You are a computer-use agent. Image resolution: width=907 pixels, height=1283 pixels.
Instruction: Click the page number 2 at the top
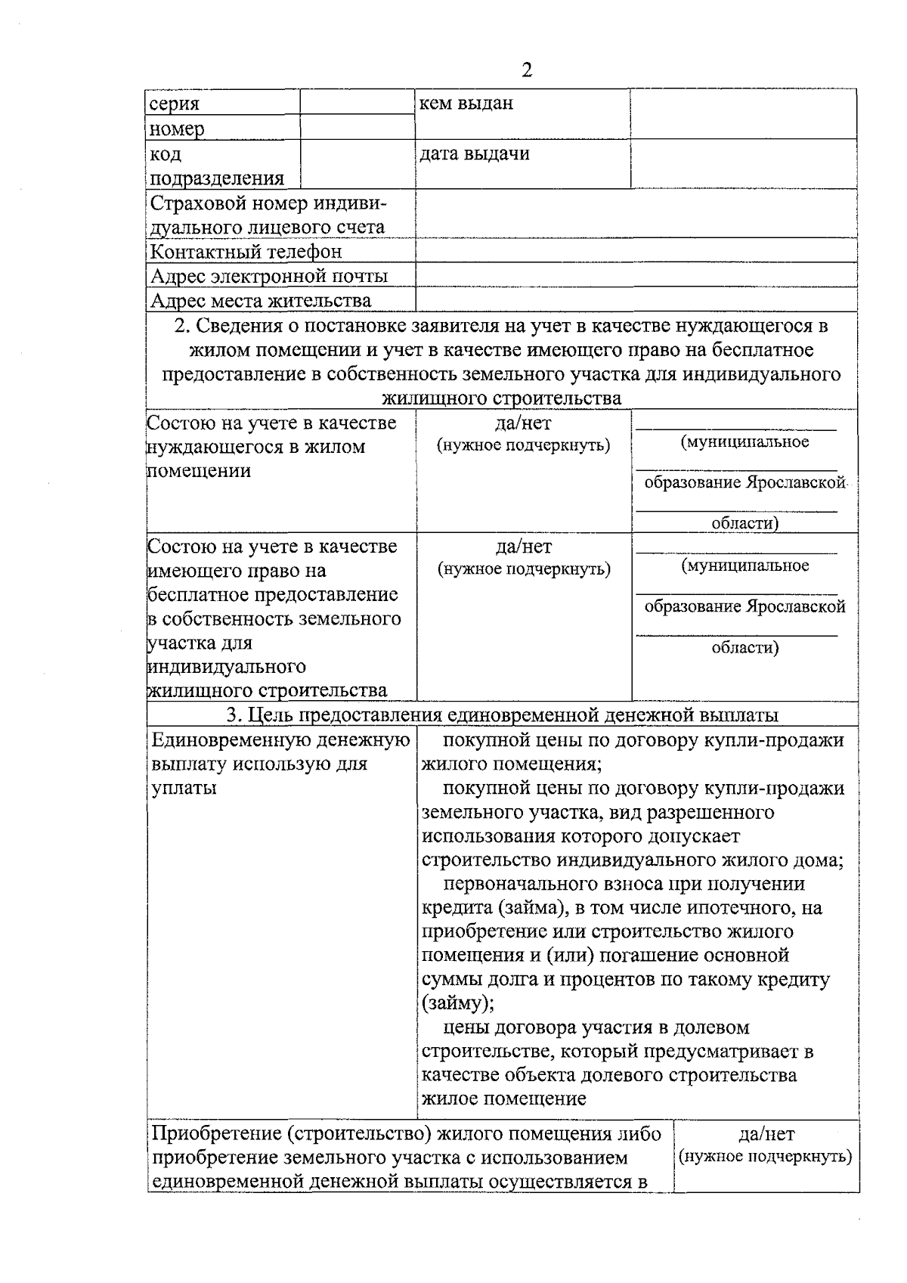point(527,70)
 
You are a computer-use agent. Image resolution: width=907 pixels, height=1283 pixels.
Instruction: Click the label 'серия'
point(175,104)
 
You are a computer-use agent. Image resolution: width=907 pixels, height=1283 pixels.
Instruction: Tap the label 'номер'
point(177,129)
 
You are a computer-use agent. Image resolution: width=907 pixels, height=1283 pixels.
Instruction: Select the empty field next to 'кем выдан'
point(743,114)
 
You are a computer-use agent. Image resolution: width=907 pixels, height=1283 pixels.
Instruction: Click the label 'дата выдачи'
point(475,154)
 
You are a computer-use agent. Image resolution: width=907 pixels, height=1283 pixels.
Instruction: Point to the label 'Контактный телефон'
point(246,252)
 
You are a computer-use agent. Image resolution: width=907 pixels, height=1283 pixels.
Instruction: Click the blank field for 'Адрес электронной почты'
point(636,275)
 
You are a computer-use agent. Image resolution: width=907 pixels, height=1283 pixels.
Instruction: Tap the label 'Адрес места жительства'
point(261,301)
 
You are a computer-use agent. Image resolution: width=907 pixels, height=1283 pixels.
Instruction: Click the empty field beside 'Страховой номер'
point(636,214)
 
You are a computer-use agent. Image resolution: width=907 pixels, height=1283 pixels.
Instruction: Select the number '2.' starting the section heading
point(181,327)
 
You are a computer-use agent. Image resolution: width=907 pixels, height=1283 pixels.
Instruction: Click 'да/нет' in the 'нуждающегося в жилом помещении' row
point(523,423)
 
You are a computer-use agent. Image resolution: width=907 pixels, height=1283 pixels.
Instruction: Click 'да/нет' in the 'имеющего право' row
point(523,547)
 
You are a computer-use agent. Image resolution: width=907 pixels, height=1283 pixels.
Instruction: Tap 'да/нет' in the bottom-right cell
point(766,1134)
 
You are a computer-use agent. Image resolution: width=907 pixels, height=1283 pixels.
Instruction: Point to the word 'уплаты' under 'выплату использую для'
point(184,789)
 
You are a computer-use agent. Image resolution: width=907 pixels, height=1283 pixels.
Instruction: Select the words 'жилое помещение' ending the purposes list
point(503,1099)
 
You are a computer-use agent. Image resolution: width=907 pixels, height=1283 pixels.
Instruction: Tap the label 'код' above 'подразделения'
point(166,154)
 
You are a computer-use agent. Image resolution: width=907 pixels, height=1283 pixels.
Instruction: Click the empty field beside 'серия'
point(357,102)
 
